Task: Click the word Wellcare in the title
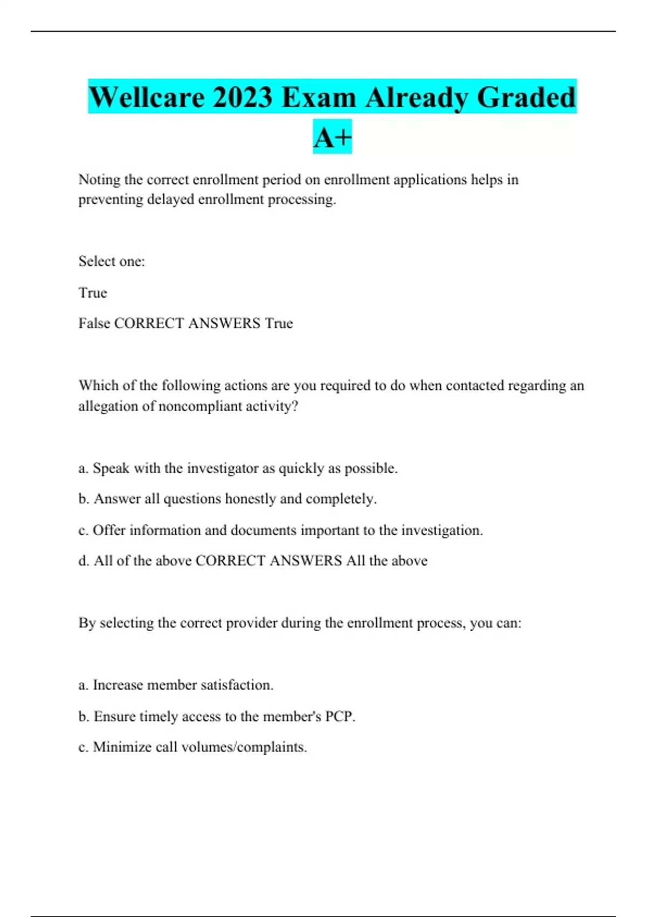(x=147, y=98)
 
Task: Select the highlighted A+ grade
(x=332, y=137)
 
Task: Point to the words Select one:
(x=112, y=262)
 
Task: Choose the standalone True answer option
(x=93, y=293)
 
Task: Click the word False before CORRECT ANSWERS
(x=94, y=324)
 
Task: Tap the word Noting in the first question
(x=99, y=180)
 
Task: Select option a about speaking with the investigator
(x=238, y=468)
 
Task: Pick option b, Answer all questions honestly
(x=227, y=499)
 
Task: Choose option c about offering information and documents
(x=280, y=530)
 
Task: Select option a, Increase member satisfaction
(x=176, y=685)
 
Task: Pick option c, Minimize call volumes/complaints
(x=192, y=747)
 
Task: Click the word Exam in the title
(x=319, y=98)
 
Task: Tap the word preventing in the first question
(x=111, y=200)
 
